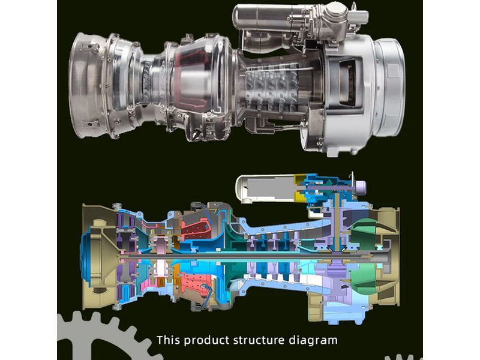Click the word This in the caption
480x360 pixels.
click(169, 340)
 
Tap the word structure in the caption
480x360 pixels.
click(259, 340)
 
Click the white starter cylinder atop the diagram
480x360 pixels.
click(265, 189)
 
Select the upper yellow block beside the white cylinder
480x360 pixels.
click(299, 180)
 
